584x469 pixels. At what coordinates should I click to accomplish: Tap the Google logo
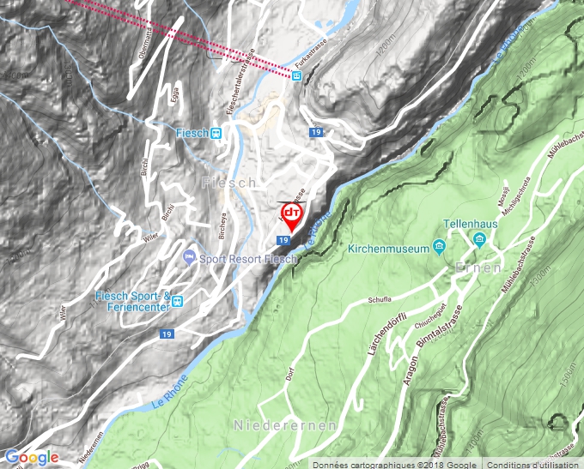[32, 457]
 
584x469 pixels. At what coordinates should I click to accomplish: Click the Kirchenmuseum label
[388, 250]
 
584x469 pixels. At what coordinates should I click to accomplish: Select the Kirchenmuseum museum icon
[439, 249]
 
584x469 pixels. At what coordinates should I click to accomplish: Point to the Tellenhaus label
[471, 224]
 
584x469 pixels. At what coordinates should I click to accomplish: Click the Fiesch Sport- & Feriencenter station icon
[177, 300]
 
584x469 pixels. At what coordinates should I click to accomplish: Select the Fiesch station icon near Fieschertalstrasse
[216, 133]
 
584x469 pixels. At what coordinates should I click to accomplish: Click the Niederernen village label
[271, 425]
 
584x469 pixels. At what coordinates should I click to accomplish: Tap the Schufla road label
[379, 300]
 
